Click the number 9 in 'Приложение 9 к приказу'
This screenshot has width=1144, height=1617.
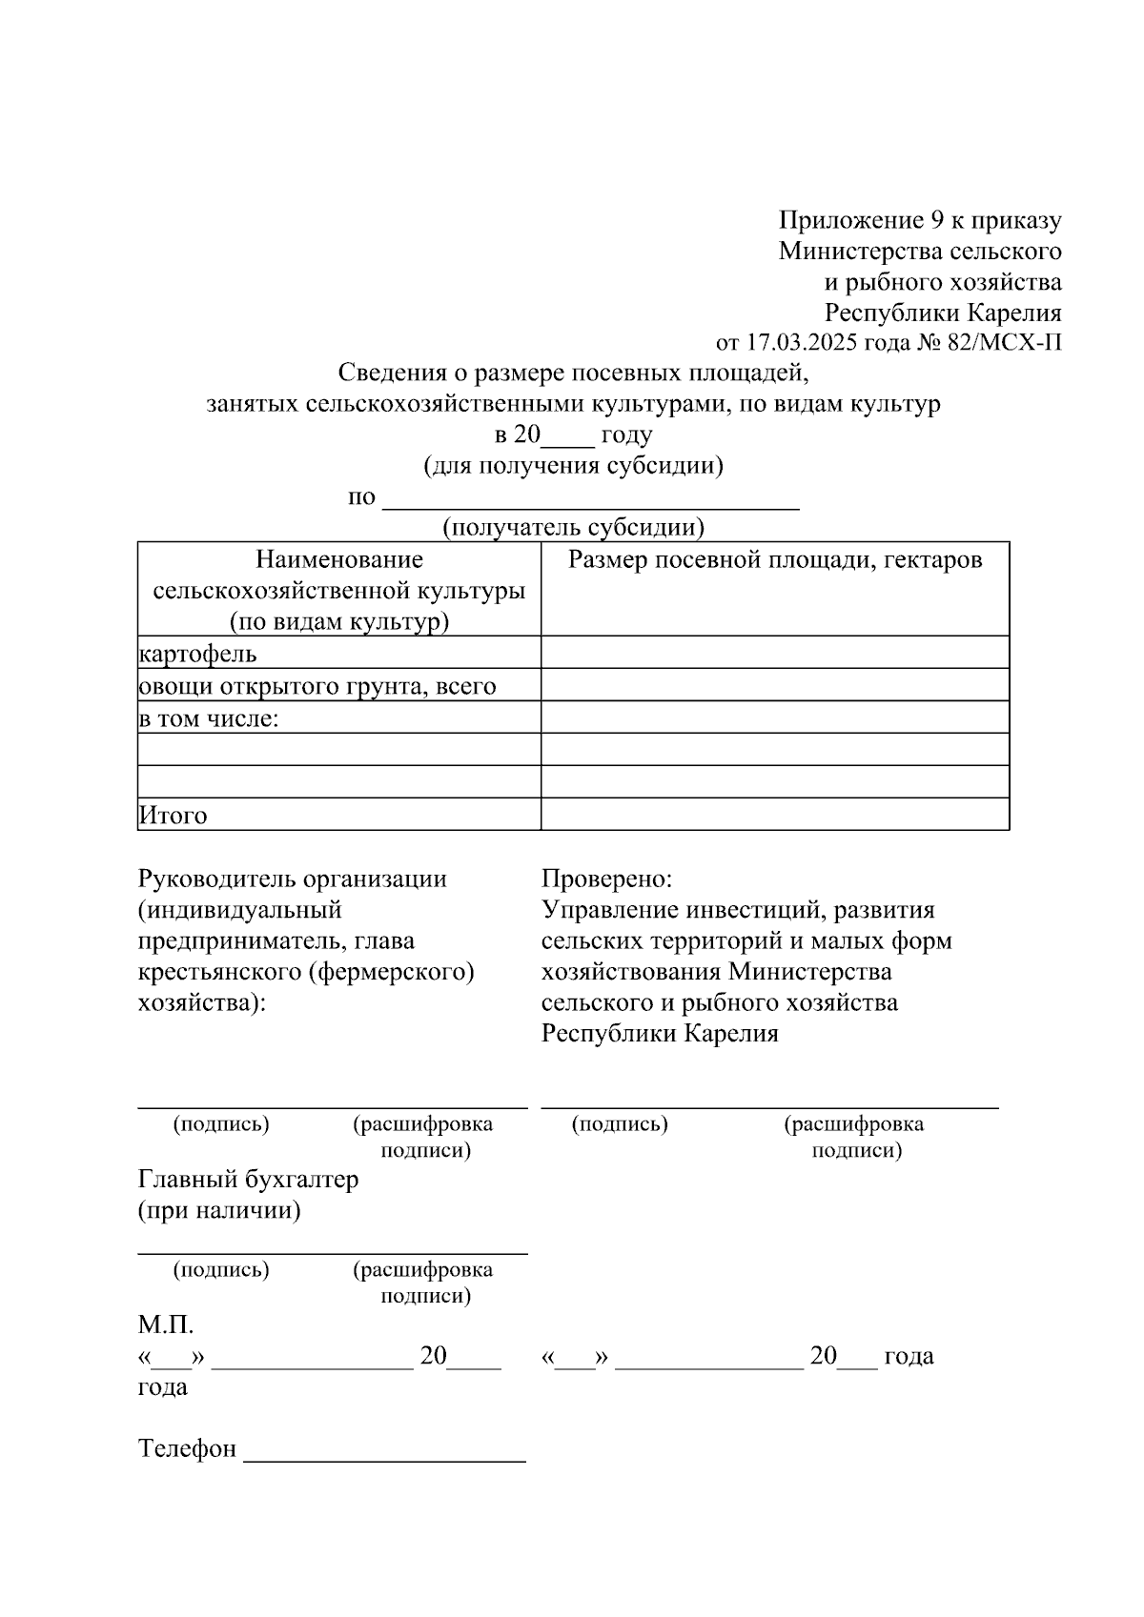(939, 221)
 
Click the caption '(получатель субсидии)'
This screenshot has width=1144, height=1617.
(573, 527)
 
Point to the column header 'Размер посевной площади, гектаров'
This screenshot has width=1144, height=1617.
(774, 560)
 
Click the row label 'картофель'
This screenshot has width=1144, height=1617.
(197, 654)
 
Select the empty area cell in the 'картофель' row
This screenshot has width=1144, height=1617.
(774, 653)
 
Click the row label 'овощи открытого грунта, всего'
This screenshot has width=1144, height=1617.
(317, 686)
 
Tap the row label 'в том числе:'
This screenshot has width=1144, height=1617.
(209, 718)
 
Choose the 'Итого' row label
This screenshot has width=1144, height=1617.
(173, 816)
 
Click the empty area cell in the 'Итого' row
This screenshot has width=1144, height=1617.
(774, 815)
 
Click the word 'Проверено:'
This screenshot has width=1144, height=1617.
(606, 879)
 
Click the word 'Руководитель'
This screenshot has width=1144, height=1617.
(216, 879)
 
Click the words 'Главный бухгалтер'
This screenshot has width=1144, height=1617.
(248, 1180)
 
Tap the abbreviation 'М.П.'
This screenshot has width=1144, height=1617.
(166, 1324)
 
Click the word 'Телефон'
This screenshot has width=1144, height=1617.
(187, 1449)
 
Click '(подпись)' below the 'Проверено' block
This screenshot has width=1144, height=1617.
(620, 1124)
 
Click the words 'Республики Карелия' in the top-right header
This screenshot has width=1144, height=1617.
(942, 313)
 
